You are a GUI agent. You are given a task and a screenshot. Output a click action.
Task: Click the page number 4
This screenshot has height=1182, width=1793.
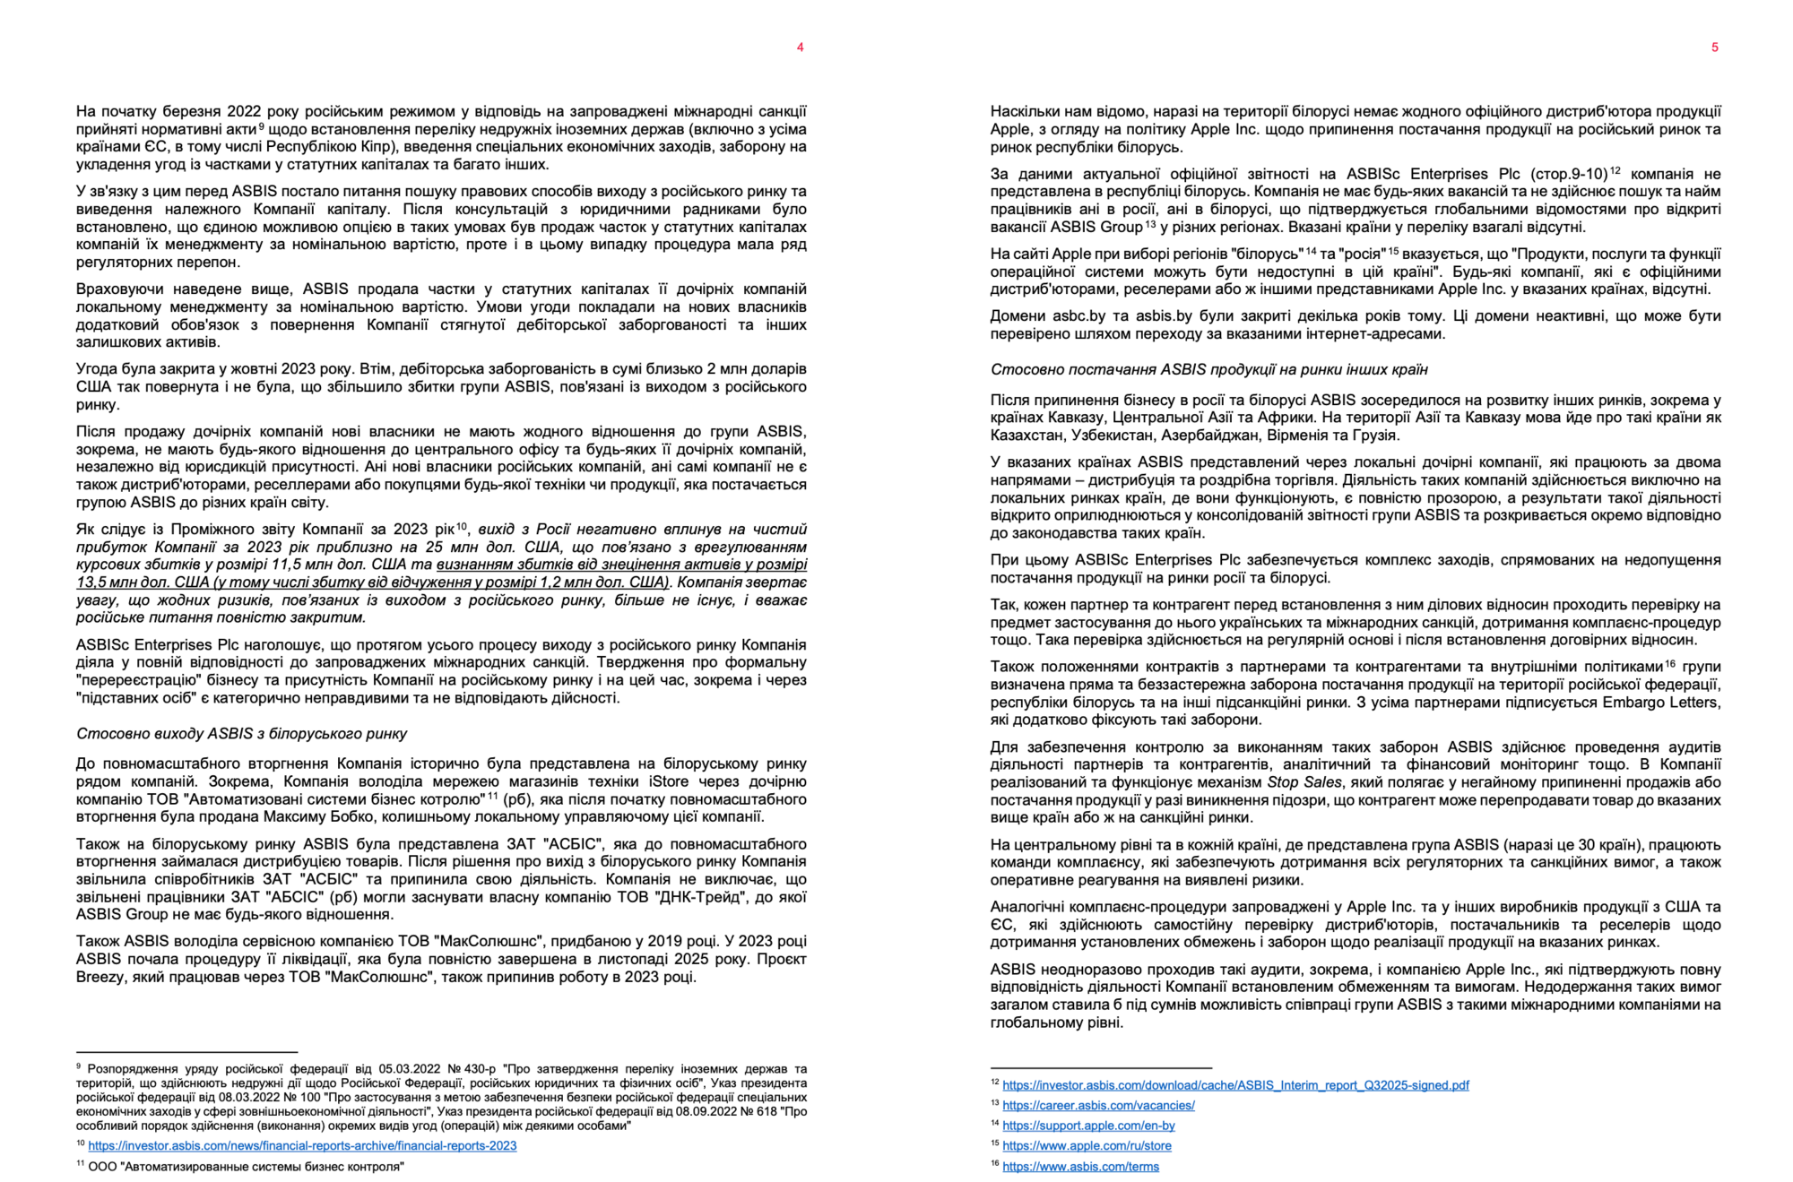tap(800, 47)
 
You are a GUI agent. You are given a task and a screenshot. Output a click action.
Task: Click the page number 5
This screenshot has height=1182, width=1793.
tap(1714, 47)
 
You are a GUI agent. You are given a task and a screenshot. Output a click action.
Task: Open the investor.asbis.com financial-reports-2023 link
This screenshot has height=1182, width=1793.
tap(302, 1145)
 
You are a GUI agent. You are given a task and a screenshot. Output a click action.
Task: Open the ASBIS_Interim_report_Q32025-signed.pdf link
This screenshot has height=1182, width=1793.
tap(1235, 1085)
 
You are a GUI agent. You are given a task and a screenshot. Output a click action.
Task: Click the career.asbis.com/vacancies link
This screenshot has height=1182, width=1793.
tap(1098, 1105)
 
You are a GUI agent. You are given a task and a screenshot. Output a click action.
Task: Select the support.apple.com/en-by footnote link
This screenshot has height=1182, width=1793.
tap(1088, 1126)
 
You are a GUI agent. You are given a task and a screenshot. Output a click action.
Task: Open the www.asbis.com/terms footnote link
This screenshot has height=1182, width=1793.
tap(1080, 1166)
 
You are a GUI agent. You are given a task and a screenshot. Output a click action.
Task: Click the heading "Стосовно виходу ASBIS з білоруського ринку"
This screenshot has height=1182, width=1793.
tap(241, 734)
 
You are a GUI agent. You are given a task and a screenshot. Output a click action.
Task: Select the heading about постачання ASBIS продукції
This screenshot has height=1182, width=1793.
tap(1208, 369)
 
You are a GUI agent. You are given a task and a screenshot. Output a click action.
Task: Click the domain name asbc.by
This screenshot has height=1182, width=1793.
tap(1067, 316)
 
